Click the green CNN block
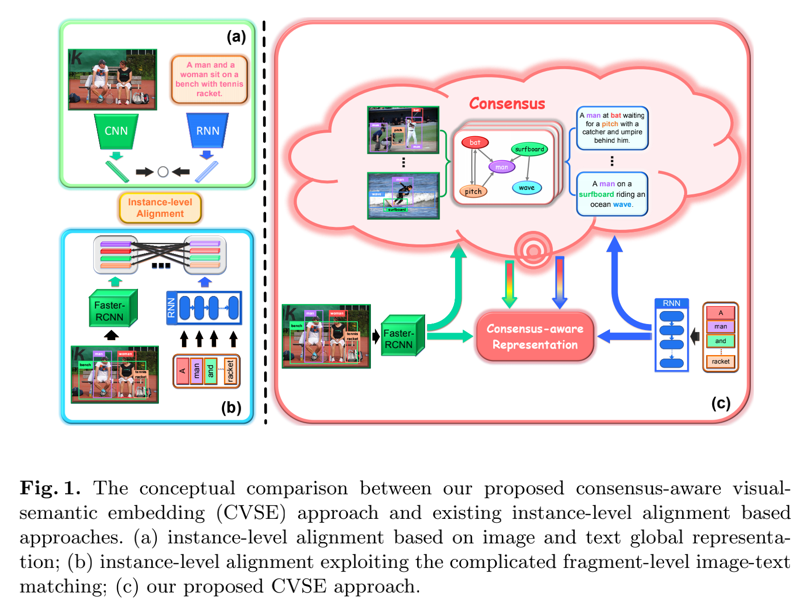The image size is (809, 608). (116, 131)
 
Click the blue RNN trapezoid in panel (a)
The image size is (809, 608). (208, 131)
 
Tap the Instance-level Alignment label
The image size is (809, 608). (160, 208)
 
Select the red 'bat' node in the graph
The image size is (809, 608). (475, 143)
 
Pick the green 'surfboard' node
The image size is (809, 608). (529, 149)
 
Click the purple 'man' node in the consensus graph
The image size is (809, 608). (502, 167)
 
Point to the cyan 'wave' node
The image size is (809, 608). (526, 188)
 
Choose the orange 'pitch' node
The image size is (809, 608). (473, 191)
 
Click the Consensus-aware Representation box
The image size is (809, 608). (535, 337)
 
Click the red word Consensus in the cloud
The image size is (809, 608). (507, 104)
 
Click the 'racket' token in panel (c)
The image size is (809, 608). (720, 362)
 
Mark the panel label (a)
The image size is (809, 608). (236, 37)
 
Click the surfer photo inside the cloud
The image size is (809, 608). (403, 196)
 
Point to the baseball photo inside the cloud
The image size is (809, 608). (403, 130)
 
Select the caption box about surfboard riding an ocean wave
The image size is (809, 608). (612, 194)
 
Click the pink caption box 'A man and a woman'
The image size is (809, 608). (210, 79)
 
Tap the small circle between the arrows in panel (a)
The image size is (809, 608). (163, 172)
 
